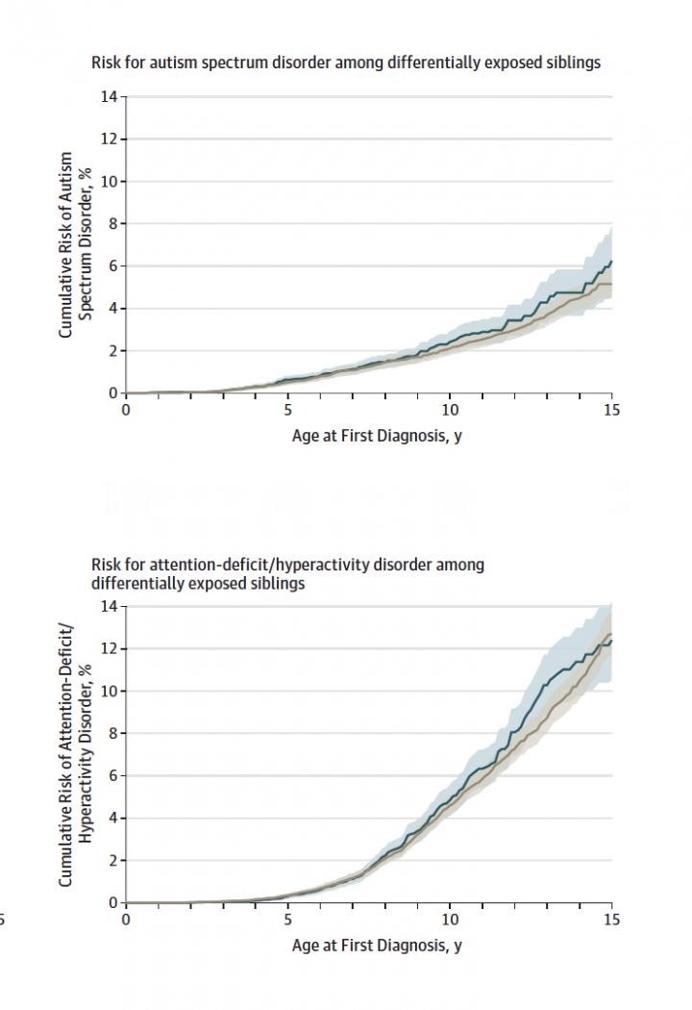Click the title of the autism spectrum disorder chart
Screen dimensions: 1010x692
click(346, 63)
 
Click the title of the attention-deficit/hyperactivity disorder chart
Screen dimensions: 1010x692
click(287, 574)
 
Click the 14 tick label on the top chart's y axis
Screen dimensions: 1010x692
click(111, 97)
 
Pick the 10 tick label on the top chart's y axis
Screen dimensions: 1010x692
click(111, 182)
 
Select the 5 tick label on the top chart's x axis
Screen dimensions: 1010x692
click(287, 410)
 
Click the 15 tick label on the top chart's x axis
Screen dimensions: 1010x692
click(611, 410)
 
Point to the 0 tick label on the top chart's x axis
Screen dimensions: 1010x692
click(126, 410)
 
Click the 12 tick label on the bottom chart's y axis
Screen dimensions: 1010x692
click(111, 649)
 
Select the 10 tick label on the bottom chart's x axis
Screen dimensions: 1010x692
click(449, 920)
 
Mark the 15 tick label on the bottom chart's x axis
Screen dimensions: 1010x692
click(611, 920)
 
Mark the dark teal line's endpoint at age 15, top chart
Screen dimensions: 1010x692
click(611, 262)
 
